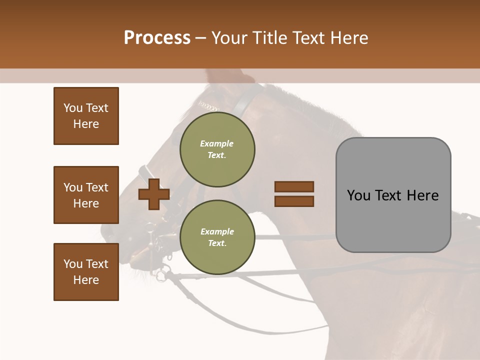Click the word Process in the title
coord(157,38)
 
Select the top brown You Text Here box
coord(86,116)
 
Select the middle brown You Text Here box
coord(86,195)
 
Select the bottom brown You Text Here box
coord(86,272)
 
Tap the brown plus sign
coord(154,194)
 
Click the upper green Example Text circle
coord(217,149)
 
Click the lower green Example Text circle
coord(217,237)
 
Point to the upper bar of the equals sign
coord(294,186)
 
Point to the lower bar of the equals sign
coord(294,201)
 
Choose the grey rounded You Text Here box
coord(393,195)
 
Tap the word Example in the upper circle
coord(216,143)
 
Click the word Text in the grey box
coord(385,195)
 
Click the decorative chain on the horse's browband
coord(209,106)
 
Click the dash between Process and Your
coord(201,38)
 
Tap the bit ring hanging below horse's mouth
coord(160,274)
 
